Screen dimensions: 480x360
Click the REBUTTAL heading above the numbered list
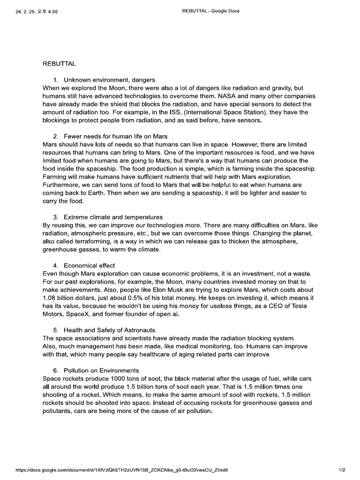coord(59,63)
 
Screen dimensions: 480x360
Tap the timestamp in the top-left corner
coord(37,11)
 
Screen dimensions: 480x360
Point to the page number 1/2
coord(342,469)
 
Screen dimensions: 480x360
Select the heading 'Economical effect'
coord(89,265)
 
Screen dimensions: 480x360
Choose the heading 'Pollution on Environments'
coord(101,370)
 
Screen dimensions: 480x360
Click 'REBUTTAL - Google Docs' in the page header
coord(210,11)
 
